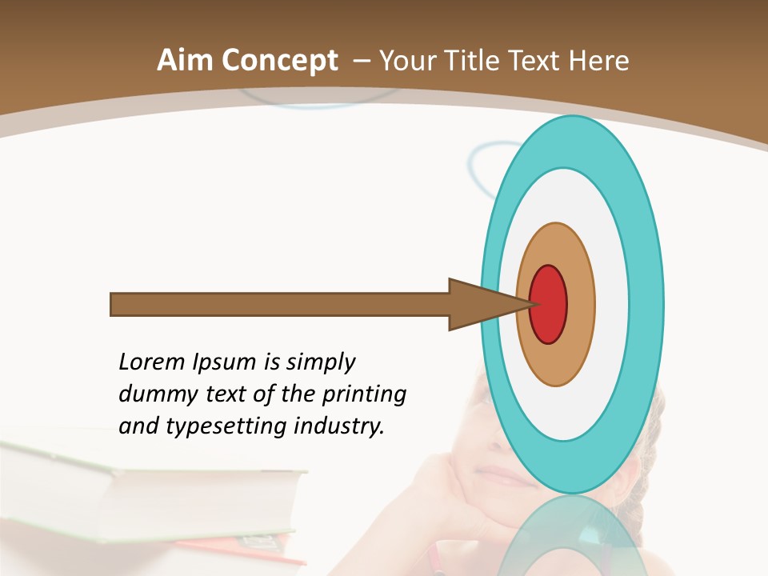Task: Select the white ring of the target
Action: tap(611, 304)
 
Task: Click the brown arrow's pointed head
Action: tap(480, 304)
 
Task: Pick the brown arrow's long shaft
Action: tap(280, 305)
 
